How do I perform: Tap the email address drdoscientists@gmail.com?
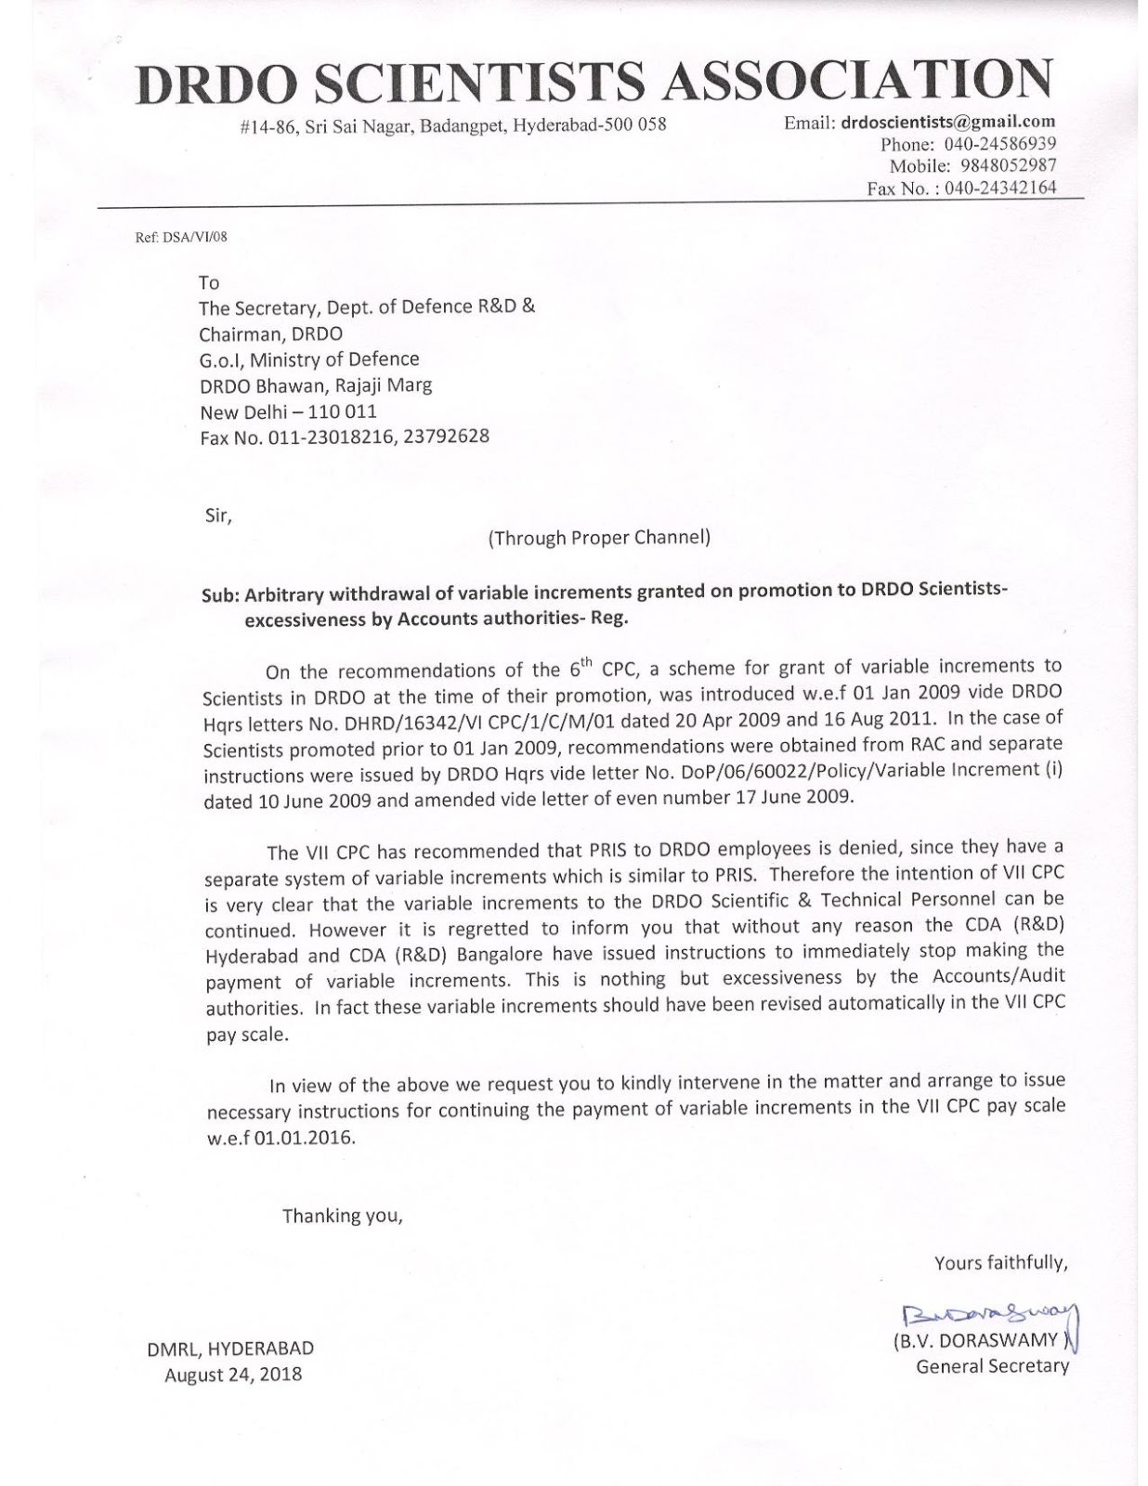point(948,122)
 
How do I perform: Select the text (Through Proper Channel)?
point(599,537)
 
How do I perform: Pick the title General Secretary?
point(992,1366)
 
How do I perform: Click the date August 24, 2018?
point(233,1375)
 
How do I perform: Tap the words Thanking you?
point(342,1216)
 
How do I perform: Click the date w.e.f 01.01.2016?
point(280,1139)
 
